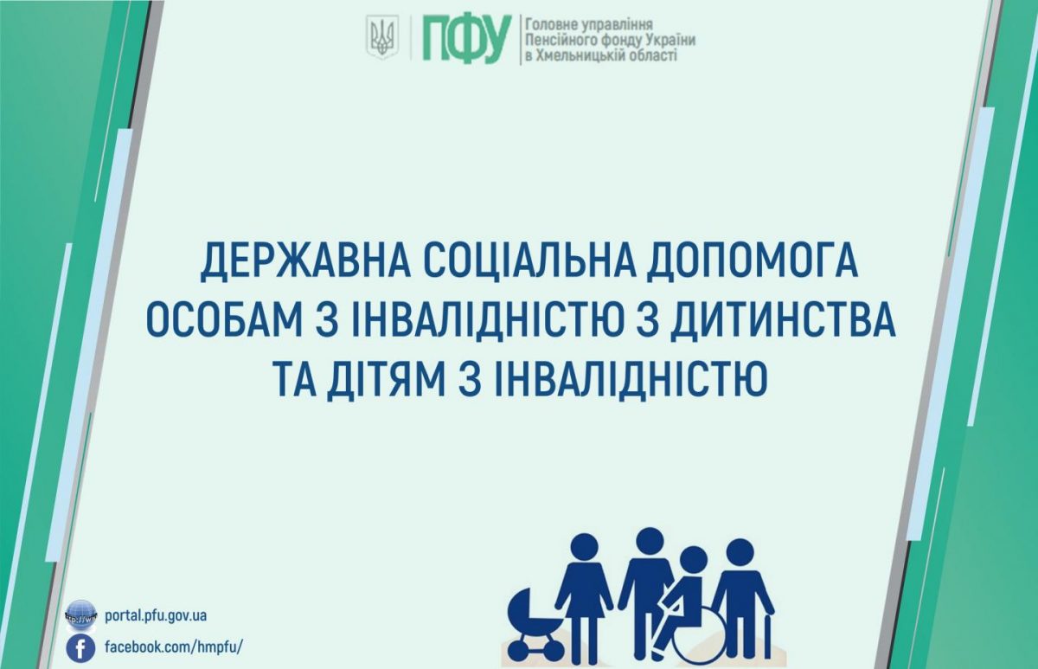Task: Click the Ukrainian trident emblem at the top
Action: click(x=381, y=37)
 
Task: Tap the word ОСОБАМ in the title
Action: click(x=224, y=322)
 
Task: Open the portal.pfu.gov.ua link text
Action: click(x=156, y=616)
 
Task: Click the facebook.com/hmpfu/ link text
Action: click(x=174, y=646)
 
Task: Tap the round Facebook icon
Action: click(x=80, y=648)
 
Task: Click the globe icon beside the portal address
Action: click(x=81, y=615)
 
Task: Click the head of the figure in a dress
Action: click(x=585, y=549)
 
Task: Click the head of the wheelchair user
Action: click(x=693, y=561)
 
